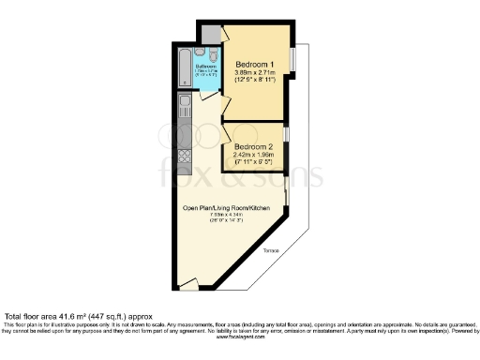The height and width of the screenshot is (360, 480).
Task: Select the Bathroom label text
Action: click(204, 67)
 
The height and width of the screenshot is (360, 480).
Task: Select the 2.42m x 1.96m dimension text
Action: click(255, 156)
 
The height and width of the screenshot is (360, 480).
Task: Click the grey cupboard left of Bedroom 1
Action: click(212, 31)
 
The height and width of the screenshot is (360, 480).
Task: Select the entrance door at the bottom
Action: click(187, 282)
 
